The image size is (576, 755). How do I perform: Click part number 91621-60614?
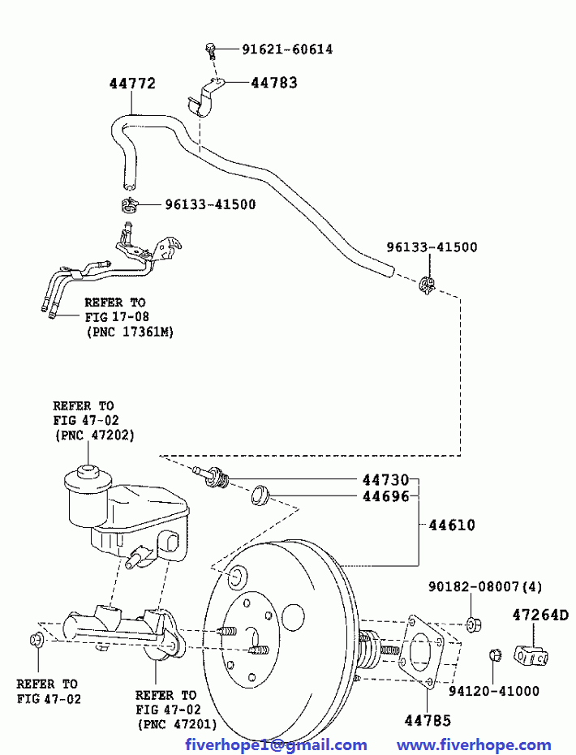tap(286, 49)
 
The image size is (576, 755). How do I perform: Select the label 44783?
tap(273, 83)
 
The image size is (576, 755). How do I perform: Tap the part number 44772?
tap(132, 84)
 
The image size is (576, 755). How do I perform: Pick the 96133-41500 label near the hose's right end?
tap(431, 247)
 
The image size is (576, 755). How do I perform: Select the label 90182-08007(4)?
tap(485, 586)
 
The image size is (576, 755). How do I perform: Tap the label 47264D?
tap(539, 616)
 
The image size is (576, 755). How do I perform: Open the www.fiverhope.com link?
tap(474, 744)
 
